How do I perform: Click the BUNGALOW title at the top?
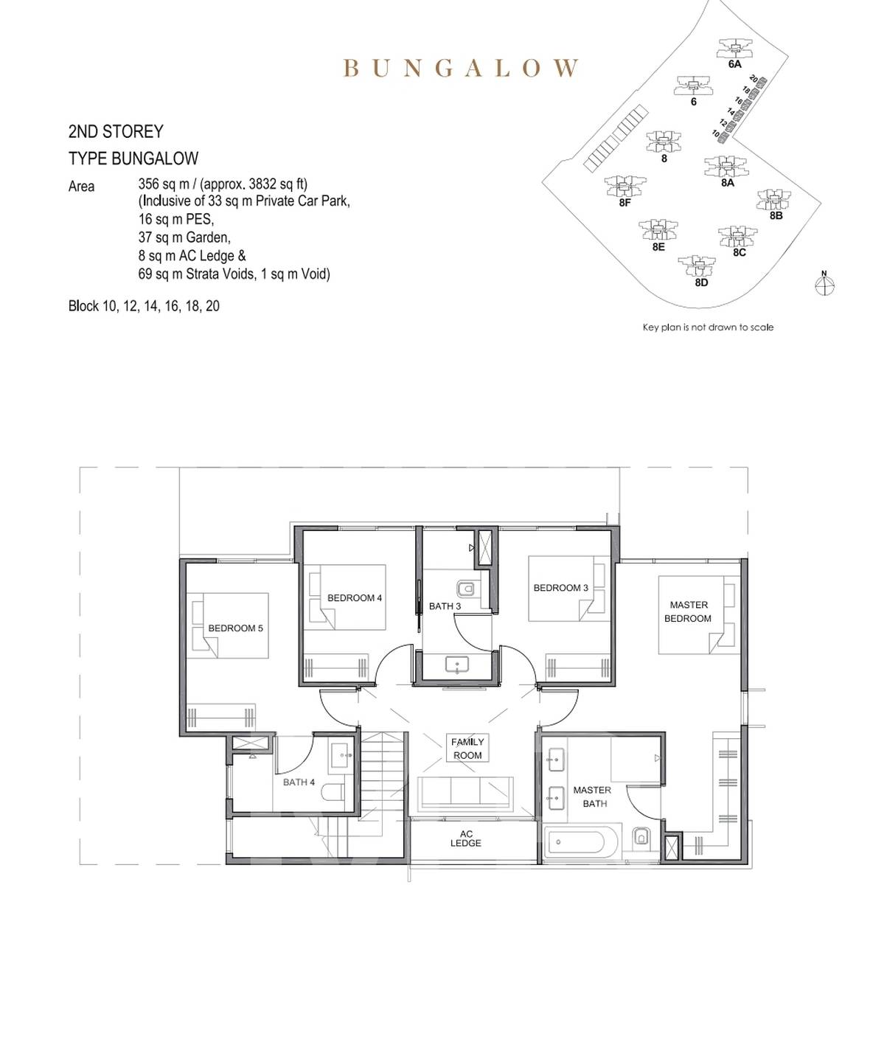tap(461, 68)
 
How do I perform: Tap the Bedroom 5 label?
tap(235, 628)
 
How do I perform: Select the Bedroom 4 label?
tap(355, 597)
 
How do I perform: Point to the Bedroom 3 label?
tap(560, 588)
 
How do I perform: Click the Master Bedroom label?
tap(688, 611)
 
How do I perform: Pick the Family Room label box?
tap(467, 748)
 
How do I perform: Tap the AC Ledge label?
tap(466, 839)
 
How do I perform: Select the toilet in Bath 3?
tap(467, 589)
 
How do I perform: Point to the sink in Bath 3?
tap(456, 664)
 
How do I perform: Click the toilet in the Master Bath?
tap(641, 836)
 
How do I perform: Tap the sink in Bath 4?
tap(342, 757)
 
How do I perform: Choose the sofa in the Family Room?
tap(465, 793)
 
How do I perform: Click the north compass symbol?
tap(824, 285)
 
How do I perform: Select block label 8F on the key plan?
tap(625, 203)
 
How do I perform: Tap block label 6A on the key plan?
tap(734, 65)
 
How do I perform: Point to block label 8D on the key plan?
tap(701, 282)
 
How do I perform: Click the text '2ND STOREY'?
tap(116, 132)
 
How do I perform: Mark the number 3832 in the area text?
tap(263, 184)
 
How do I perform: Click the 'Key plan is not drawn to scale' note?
tap(708, 327)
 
